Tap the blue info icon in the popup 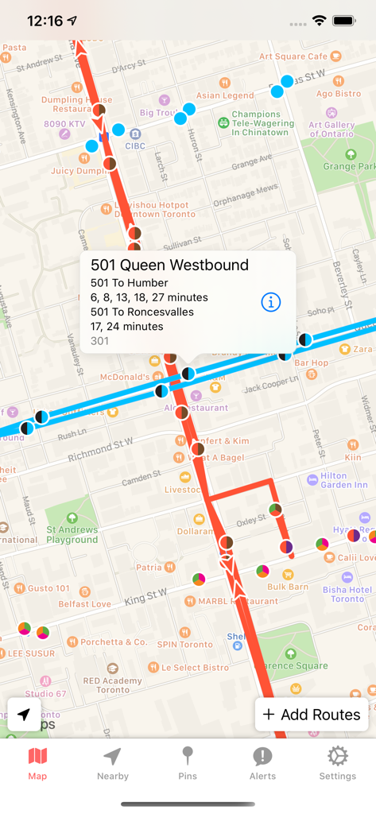coord(271,302)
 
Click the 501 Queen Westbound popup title coord(169,266)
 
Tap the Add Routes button coord(312,715)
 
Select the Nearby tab coord(112,763)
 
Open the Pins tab coord(188,763)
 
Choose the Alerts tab coord(262,763)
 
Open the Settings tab coord(337,763)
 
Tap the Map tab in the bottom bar coord(37,763)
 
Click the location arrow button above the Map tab coord(24,714)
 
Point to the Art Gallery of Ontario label coord(331,129)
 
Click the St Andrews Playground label coord(72,534)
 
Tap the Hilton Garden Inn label coord(344,480)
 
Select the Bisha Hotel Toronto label coord(347,594)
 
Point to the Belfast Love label coord(84,604)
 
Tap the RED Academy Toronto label coord(113,685)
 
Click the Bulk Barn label coord(288,587)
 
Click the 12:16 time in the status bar coord(45,21)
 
